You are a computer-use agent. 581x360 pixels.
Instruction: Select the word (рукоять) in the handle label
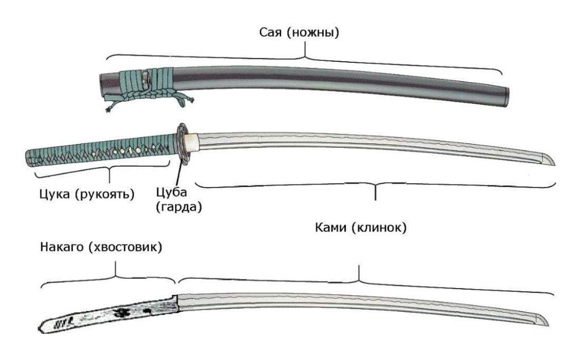click(x=104, y=194)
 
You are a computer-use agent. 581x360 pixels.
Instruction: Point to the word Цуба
click(x=171, y=193)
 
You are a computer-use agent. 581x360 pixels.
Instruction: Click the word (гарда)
click(x=179, y=207)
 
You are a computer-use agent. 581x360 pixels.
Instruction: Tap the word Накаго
click(x=61, y=247)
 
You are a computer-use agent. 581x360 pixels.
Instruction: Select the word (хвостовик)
click(x=125, y=247)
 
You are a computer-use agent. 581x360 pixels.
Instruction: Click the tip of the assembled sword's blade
click(x=555, y=165)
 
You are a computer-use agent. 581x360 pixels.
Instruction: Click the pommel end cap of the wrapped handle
click(x=28, y=159)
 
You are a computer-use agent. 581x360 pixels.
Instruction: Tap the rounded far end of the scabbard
click(x=506, y=98)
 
